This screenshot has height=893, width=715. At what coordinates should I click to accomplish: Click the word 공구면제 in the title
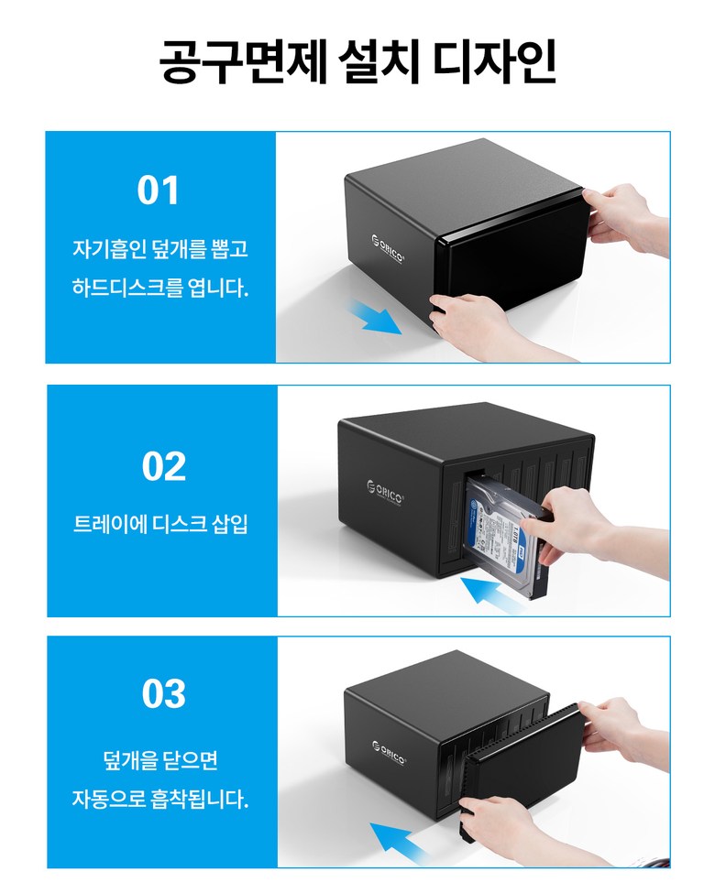pos(243,61)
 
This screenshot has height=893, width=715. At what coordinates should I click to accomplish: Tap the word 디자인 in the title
pos(494,60)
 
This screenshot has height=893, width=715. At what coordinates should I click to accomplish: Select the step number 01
pos(158,191)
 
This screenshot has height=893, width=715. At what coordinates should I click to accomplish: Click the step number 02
pos(164,466)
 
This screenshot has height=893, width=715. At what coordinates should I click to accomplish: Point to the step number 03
pos(164,693)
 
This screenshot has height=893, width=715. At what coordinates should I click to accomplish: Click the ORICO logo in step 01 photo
pos(388,249)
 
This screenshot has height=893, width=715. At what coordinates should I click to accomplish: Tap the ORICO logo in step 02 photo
pos(385,492)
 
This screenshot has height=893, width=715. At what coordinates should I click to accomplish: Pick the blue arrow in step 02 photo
pos(491,594)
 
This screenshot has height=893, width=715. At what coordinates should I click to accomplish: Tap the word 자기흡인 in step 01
pos(109,248)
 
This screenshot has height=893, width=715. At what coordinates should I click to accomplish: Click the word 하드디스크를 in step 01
pos(126,287)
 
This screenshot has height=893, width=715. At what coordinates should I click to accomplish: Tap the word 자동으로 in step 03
pos(108,798)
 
